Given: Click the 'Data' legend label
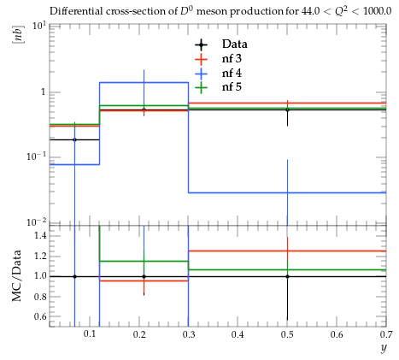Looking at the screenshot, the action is (x=234, y=44).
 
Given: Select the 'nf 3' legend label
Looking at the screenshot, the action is (x=232, y=58).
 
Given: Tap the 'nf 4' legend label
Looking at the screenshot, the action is (x=232, y=73).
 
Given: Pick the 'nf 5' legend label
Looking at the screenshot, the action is (x=232, y=86).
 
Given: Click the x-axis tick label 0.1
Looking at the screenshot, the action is (x=90, y=333).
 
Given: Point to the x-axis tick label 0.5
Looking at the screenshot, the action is (x=287, y=333).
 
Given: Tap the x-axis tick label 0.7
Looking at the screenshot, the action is (x=386, y=333).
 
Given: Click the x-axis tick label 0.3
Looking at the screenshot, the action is (x=188, y=333).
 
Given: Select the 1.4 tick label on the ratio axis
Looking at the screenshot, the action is (x=40, y=235).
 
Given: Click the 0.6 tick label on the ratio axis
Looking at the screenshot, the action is (x=40, y=316).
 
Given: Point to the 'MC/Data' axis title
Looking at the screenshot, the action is (x=17, y=275).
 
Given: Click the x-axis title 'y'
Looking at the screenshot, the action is (x=384, y=348).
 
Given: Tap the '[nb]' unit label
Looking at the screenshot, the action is (x=18, y=34).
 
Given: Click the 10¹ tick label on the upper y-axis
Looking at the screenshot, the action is (x=39, y=27).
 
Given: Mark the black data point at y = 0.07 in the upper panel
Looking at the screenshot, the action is (x=74, y=139).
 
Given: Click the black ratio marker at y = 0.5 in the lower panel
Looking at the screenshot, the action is (x=287, y=276).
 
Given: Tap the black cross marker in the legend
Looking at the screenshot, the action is (x=201, y=44).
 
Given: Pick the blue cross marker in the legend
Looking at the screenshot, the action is (x=201, y=74).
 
